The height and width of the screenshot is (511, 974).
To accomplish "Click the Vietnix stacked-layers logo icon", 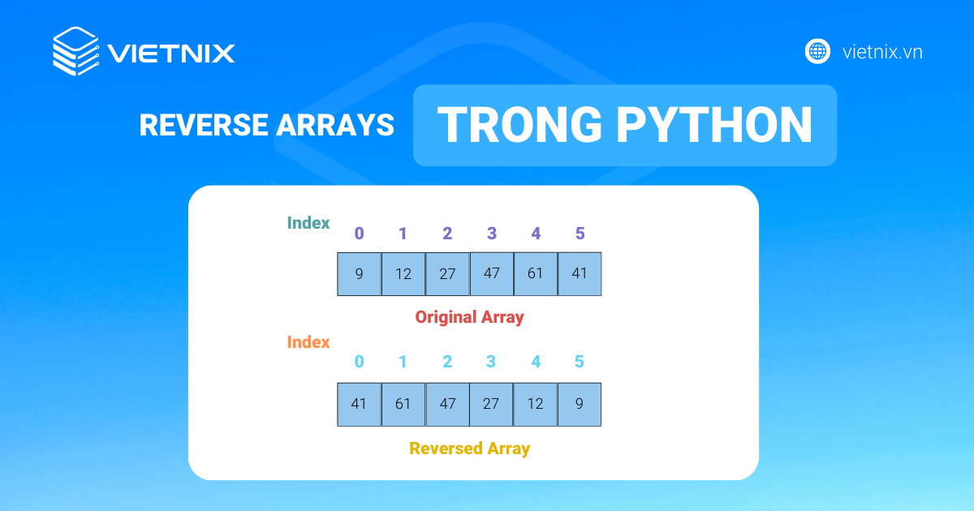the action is [75, 51].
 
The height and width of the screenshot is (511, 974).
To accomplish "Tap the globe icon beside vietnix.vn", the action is [817, 52].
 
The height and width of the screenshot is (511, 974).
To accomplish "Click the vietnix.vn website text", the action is [882, 52].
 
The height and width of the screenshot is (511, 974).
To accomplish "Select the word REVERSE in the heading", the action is [204, 125].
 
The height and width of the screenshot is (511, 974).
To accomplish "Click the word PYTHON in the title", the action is [714, 125].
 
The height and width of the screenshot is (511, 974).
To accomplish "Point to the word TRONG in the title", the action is [519, 125].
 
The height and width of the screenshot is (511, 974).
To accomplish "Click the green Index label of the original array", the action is [308, 223].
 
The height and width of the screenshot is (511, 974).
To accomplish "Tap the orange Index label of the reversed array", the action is [308, 342].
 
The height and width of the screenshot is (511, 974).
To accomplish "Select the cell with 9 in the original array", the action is [359, 274].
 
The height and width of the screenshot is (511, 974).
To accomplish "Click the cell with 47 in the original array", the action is [492, 274].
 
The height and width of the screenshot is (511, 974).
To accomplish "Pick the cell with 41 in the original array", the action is [580, 274].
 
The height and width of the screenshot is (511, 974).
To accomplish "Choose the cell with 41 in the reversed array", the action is [359, 405].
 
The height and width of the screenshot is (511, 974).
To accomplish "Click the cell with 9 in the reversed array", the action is [580, 405].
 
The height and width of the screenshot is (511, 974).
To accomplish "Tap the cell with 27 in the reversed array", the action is [491, 405].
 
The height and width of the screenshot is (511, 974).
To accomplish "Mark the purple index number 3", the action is [492, 234].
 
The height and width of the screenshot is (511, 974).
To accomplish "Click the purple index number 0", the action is [359, 234].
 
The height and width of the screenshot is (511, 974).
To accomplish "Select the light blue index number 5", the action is [580, 362].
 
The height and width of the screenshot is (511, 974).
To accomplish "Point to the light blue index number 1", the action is [403, 362].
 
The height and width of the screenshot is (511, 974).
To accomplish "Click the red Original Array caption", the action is [470, 317].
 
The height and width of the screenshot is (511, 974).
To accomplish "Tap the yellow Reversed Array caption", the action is [470, 449].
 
